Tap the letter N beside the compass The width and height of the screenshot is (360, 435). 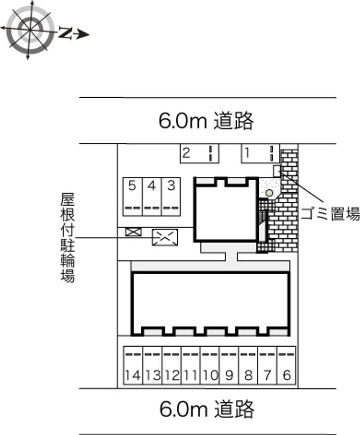(x=65, y=33)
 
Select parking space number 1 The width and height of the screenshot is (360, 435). (x=261, y=154)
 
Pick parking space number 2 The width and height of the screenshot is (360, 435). (x=199, y=154)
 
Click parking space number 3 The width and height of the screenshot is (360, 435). (x=171, y=197)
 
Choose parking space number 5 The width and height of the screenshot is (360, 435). (x=133, y=197)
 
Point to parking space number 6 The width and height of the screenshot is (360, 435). (x=286, y=365)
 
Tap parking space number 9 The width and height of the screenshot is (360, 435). (x=229, y=365)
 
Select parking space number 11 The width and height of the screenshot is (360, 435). (x=191, y=365)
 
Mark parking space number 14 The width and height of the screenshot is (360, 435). (x=133, y=365)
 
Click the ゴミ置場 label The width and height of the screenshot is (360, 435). (x=330, y=213)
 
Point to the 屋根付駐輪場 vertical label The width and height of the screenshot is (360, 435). (x=67, y=238)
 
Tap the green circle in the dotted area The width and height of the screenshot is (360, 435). (x=269, y=193)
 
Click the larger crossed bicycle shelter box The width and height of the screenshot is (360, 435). (x=165, y=237)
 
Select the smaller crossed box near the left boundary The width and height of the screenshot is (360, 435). (x=133, y=232)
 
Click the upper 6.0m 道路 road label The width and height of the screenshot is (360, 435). (x=206, y=121)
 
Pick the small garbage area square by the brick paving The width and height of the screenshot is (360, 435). (x=277, y=171)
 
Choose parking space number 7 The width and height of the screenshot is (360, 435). (x=267, y=365)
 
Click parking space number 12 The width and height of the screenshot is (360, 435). (x=172, y=365)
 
